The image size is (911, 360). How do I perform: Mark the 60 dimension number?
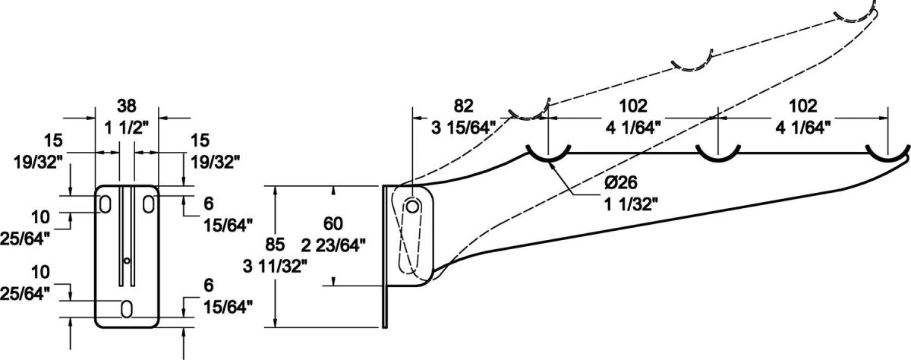click(333, 223)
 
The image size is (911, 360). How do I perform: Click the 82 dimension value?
click(465, 106)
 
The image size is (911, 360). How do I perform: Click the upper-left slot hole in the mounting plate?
click(104, 203)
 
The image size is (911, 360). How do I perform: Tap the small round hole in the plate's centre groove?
click(127, 261)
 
